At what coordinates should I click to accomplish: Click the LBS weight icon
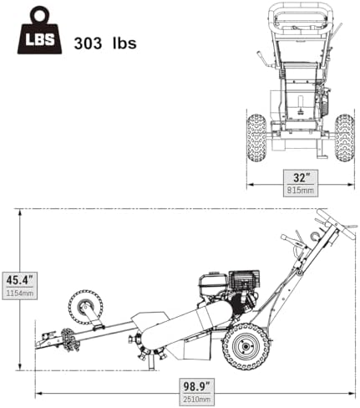click(x=34, y=35)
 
